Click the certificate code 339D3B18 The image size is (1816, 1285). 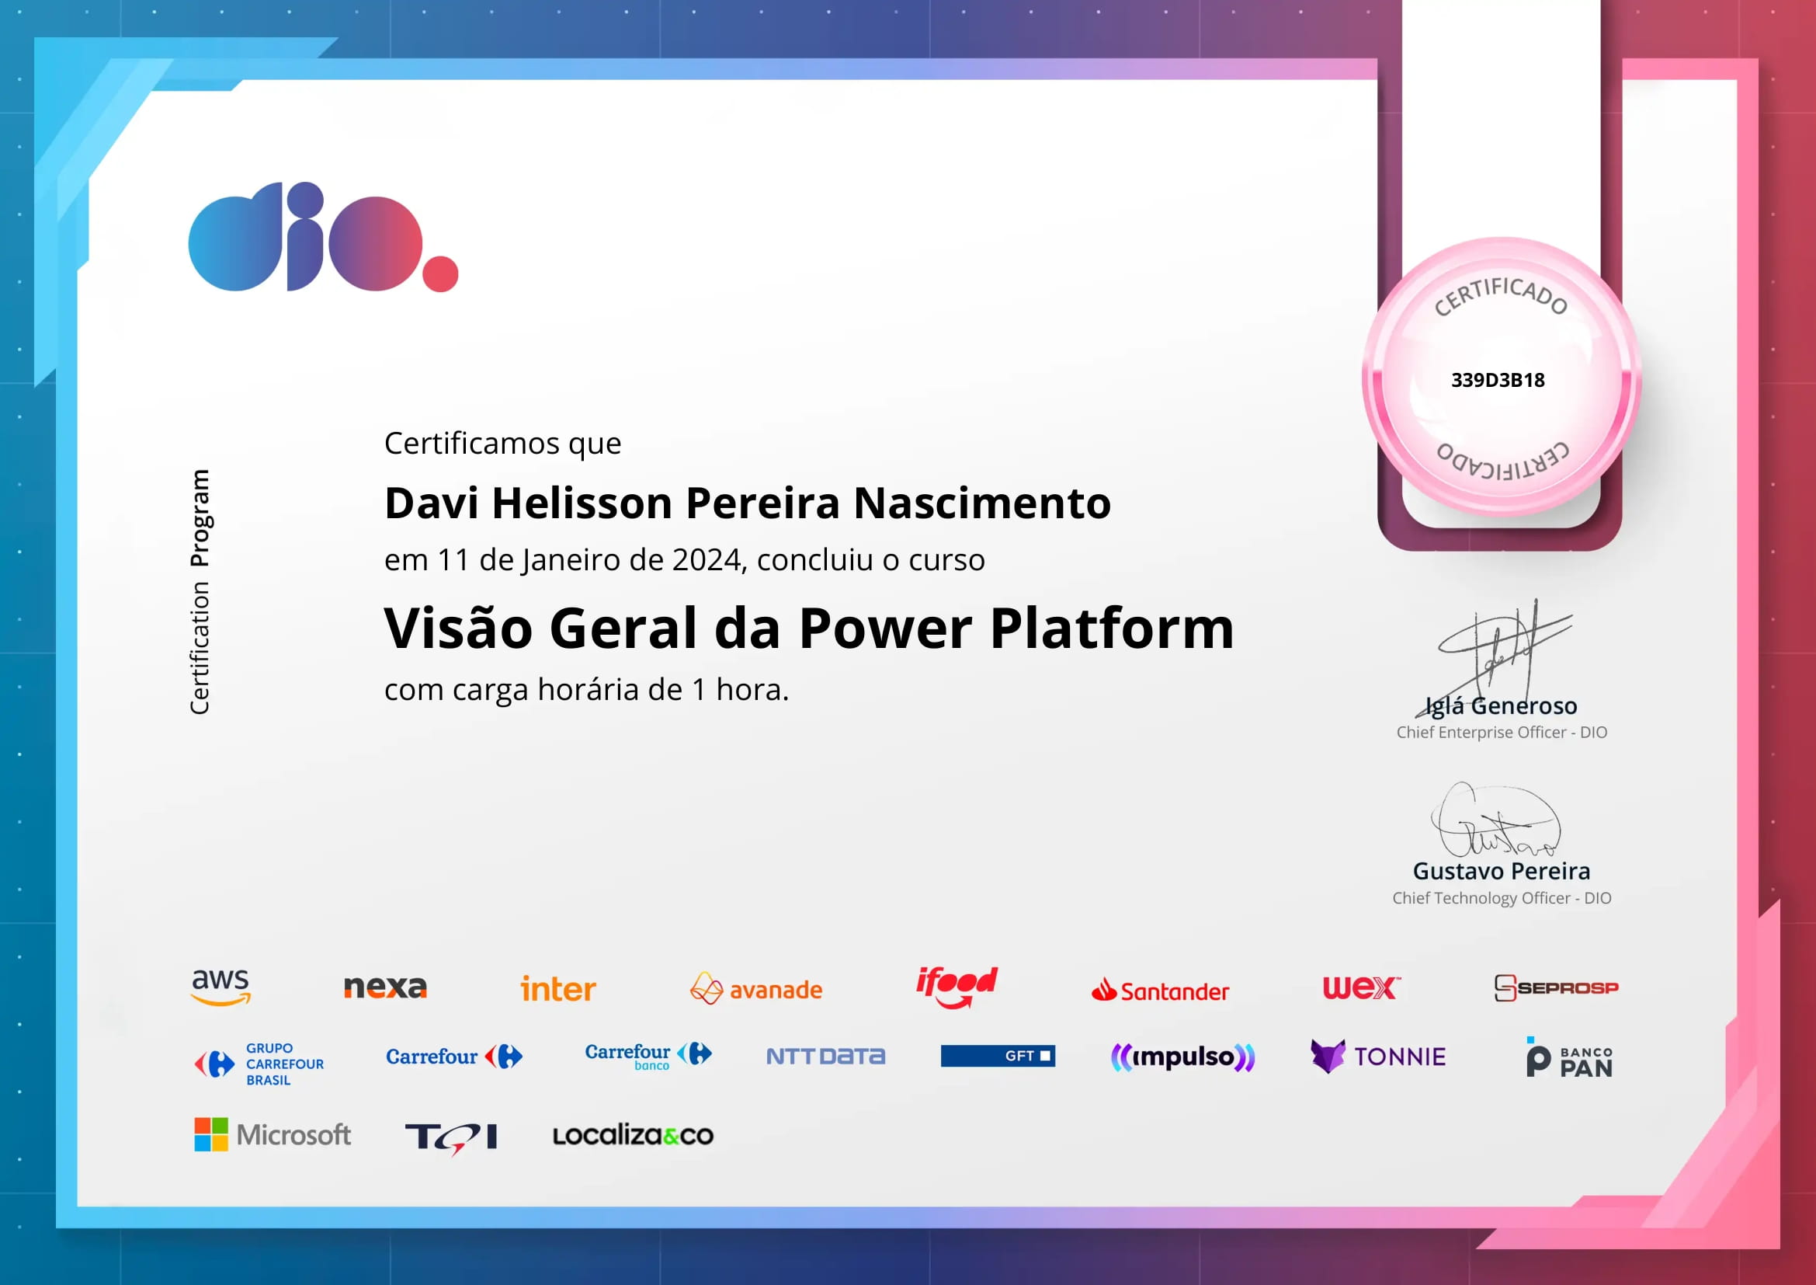click(x=1497, y=381)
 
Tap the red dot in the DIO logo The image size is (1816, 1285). click(x=440, y=273)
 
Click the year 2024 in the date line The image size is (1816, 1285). click(x=706, y=560)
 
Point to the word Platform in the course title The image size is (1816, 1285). click(x=1112, y=629)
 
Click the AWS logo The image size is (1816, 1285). click(x=220, y=987)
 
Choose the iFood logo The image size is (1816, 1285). click(x=957, y=987)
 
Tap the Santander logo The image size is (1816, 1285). click(x=1160, y=991)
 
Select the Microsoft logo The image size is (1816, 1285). click(x=272, y=1134)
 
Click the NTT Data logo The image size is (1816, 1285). click(x=826, y=1057)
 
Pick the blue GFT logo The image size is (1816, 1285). click(x=998, y=1056)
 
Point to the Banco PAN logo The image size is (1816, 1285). click(x=1569, y=1058)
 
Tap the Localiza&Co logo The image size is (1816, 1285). click(x=633, y=1136)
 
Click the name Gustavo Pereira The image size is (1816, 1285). click(x=1502, y=871)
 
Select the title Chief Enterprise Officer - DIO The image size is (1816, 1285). click(x=1502, y=733)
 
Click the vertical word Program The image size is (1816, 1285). click(x=200, y=518)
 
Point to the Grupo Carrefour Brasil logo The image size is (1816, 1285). click(x=259, y=1064)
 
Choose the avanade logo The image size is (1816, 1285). click(x=756, y=989)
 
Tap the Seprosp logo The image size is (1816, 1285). click(x=1557, y=987)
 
